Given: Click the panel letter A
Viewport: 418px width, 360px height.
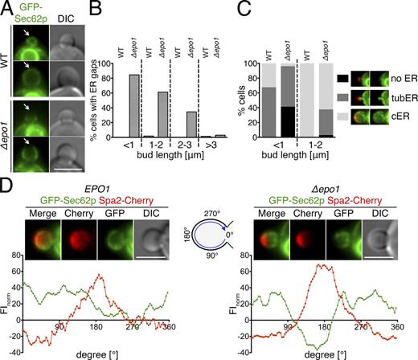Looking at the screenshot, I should click(6, 7).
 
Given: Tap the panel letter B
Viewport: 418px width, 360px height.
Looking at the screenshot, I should click(100, 7).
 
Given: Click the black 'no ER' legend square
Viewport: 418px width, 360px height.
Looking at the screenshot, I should click(339, 77).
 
